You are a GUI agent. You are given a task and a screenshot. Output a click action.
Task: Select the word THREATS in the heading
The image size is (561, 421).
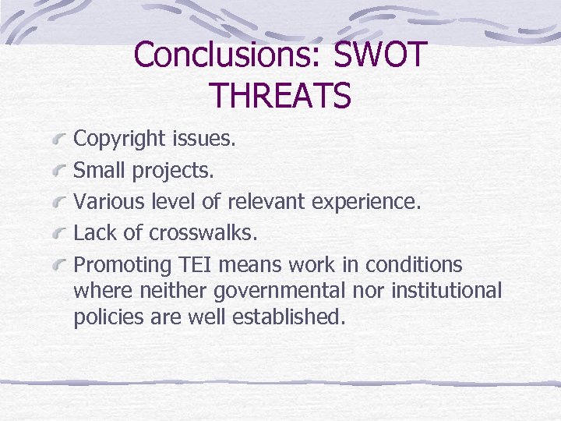(280, 96)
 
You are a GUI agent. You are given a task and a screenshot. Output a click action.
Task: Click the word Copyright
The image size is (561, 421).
(119, 140)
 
